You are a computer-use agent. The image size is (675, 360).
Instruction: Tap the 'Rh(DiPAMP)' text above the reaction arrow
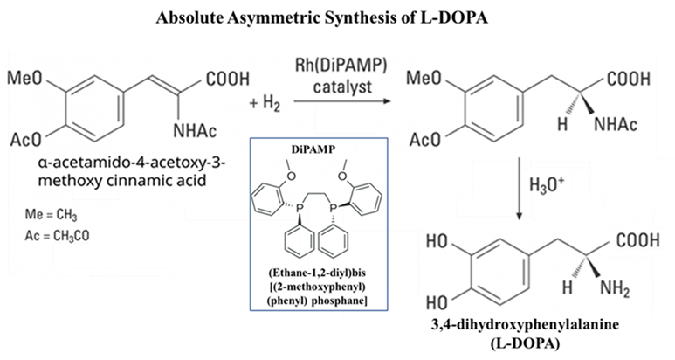click(335, 66)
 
